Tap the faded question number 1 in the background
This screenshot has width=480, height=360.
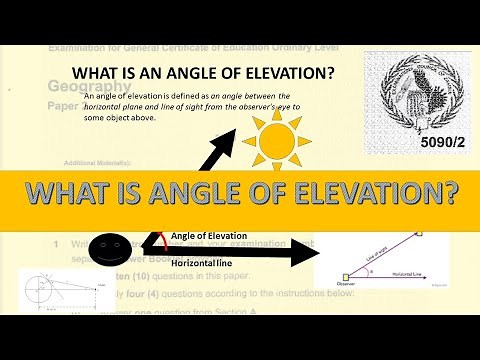point(57,243)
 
